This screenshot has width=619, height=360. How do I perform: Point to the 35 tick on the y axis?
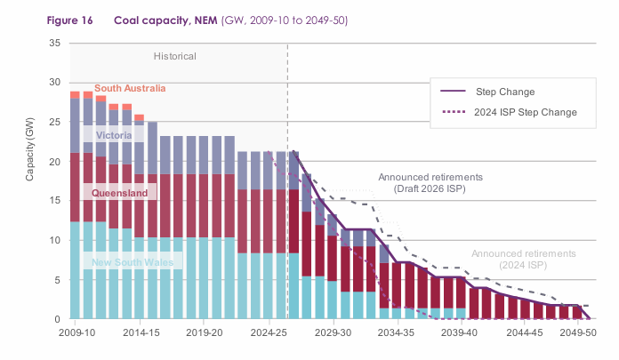coord(53,43)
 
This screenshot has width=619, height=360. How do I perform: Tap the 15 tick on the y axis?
coord(53,201)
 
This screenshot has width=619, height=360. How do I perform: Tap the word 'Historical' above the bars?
coord(174,56)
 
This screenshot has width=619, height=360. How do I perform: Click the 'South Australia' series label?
coord(130,88)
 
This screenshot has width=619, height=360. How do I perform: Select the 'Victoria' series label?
coord(115,135)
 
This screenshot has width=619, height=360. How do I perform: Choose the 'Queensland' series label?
coord(118,192)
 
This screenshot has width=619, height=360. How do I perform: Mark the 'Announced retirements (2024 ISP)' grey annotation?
coord(523,259)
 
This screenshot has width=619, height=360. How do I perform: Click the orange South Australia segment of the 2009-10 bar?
coord(76,95)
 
